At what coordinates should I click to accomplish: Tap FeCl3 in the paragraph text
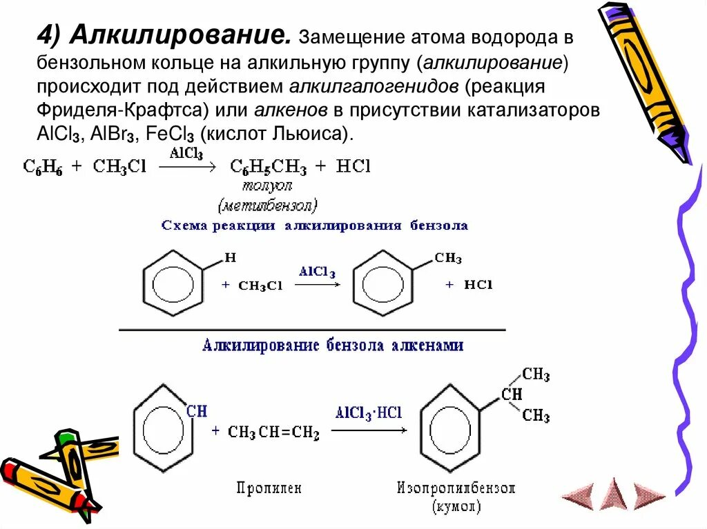pyautogui.click(x=162, y=134)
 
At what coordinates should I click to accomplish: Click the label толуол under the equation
pyautogui.click(x=267, y=186)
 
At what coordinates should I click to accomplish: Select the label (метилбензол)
pyautogui.click(x=268, y=206)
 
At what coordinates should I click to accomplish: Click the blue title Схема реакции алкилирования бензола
pyautogui.click(x=314, y=226)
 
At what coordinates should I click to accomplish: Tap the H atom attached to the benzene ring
pyautogui.click(x=231, y=259)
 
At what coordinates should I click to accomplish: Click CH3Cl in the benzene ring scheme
pyautogui.click(x=260, y=286)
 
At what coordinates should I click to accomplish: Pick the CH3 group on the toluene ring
pyautogui.click(x=448, y=259)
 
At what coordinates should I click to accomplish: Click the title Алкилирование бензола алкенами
pyautogui.click(x=333, y=345)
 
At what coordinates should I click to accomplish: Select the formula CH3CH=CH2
pyautogui.click(x=273, y=432)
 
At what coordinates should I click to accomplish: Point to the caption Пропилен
pyautogui.click(x=269, y=488)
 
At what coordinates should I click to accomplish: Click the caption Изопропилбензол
pyautogui.click(x=456, y=488)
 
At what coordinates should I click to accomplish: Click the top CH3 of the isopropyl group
pyautogui.click(x=536, y=375)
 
